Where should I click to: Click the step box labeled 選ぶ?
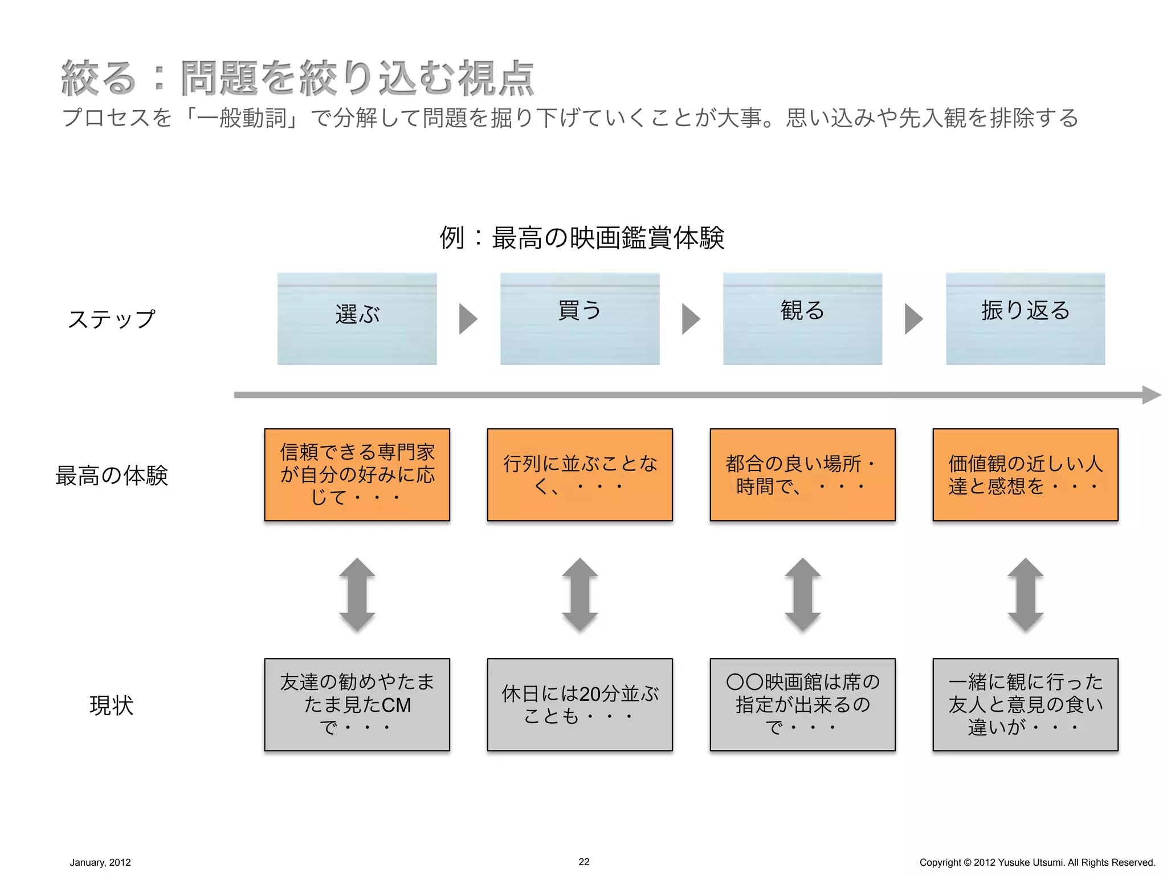click(357, 319)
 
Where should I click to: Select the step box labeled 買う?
click(580, 319)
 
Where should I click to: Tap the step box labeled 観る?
click(802, 319)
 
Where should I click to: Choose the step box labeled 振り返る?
click(1025, 319)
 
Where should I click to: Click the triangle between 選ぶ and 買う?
click(467, 319)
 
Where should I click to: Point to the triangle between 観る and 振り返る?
click(913, 319)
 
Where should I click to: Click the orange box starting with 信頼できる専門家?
click(357, 474)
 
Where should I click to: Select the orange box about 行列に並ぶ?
click(580, 474)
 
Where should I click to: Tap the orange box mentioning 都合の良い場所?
click(802, 474)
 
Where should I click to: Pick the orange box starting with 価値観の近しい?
click(1025, 474)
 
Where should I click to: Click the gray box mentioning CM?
click(357, 704)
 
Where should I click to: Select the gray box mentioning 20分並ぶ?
click(580, 704)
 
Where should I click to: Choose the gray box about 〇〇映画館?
click(802, 704)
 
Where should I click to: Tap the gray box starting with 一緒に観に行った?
click(1025, 704)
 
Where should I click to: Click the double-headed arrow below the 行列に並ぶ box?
click(580, 595)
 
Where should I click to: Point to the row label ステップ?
click(112, 319)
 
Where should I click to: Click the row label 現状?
click(112, 705)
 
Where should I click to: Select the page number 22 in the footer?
click(583, 862)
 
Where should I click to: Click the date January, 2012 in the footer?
click(100, 862)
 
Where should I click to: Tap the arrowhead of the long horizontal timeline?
click(1152, 395)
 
